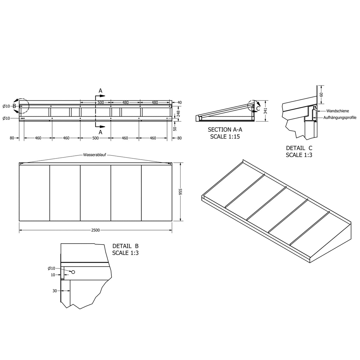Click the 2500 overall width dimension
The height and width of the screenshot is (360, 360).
tap(95, 230)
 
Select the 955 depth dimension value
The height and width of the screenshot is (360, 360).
tap(181, 192)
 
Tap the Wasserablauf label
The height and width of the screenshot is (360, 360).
tap(94, 155)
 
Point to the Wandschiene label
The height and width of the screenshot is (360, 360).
tap(337, 111)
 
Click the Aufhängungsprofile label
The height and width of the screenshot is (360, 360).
tap(340, 118)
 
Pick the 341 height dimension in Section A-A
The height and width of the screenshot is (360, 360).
tap(265, 111)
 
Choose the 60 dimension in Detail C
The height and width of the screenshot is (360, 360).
tap(321, 94)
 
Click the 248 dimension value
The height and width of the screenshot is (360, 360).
tap(178, 114)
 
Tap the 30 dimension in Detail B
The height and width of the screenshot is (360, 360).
tap(55, 291)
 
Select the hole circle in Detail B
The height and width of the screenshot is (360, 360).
tap(73, 272)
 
